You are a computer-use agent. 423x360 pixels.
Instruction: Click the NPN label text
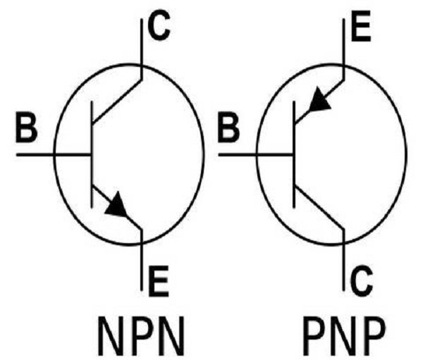click(142, 336)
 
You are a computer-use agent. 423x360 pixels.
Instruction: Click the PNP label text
click(344, 336)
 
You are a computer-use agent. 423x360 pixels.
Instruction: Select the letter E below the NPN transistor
click(159, 281)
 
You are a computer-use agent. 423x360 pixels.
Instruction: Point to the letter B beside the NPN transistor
click(27, 128)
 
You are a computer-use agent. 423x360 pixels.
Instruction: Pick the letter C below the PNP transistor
click(362, 280)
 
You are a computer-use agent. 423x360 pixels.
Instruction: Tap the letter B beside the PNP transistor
click(228, 128)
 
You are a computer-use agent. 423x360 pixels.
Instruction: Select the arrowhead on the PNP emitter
click(319, 99)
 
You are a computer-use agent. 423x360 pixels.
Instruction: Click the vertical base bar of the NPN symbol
click(92, 154)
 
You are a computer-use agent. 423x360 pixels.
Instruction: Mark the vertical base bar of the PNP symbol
click(294, 154)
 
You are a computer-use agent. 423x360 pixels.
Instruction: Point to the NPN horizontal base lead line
click(54, 154)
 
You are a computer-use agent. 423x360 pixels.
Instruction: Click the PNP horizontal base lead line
click(256, 154)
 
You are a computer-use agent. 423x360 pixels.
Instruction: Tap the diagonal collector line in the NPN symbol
click(116, 101)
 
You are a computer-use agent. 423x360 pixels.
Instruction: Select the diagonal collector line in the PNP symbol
click(319, 208)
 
